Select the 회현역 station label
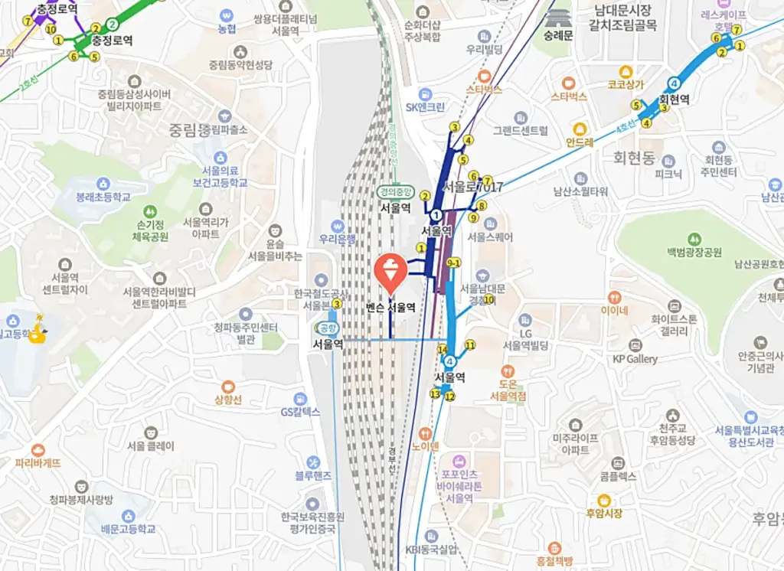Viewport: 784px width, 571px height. [x=675, y=100]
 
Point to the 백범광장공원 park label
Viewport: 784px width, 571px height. [x=694, y=252]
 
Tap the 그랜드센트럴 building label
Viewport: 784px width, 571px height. [x=521, y=130]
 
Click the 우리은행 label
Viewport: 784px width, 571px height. [x=338, y=238]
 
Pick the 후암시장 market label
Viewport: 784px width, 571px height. [x=604, y=513]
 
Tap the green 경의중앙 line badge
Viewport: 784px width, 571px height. [x=395, y=192]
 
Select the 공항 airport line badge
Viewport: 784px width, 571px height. [x=327, y=328]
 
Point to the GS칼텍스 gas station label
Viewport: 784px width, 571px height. [x=300, y=412]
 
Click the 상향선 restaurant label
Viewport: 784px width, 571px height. [x=227, y=400]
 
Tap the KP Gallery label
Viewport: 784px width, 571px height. [x=635, y=358]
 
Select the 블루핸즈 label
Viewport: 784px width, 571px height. [x=313, y=475]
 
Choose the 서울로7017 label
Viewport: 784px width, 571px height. [x=473, y=187]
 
